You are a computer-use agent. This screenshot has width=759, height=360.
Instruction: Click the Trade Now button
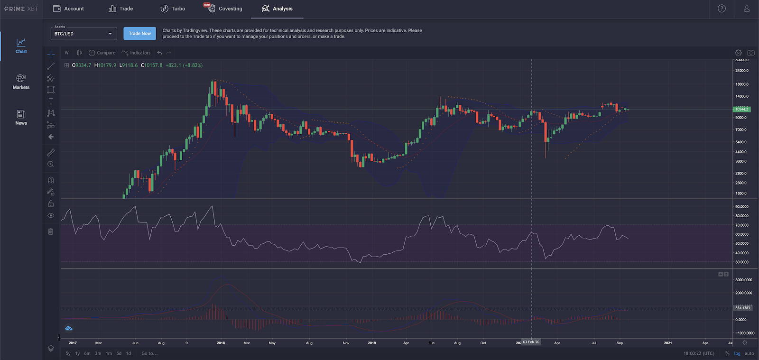pyautogui.click(x=139, y=33)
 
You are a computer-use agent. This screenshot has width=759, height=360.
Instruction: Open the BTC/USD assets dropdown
pyautogui.click(x=83, y=34)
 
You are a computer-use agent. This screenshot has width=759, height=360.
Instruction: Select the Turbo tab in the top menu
pyautogui.click(x=173, y=9)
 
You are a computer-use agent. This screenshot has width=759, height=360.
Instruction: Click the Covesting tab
pyautogui.click(x=225, y=9)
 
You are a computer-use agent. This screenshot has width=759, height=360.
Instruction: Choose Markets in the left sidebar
pyautogui.click(x=21, y=82)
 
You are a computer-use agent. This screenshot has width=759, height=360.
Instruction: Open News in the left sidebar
pyautogui.click(x=21, y=117)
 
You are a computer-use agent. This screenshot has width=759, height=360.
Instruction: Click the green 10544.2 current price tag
pyautogui.click(x=741, y=109)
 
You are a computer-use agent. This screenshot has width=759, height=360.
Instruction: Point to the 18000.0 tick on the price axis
pyautogui.click(x=741, y=84)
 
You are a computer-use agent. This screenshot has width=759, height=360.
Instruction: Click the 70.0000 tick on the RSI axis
pyautogui.click(x=741, y=225)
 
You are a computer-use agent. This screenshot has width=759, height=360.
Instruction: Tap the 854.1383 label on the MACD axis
pyautogui.click(x=742, y=308)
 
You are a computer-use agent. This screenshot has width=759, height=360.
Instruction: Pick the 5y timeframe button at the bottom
pyautogui.click(x=68, y=353)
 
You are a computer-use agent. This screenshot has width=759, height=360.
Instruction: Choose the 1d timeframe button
pyautogui.click(x=128, y=353)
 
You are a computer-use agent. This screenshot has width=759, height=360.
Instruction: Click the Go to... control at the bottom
pyautogui.click(x=149, y=353)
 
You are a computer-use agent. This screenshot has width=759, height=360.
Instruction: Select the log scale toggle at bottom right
pyautogui.click(x=737, y=353)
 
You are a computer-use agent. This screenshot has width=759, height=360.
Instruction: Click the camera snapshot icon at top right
pyautogui.click(x=751, y=53)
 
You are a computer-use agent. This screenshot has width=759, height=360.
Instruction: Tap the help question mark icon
pyautogui.click(x=722, y=9)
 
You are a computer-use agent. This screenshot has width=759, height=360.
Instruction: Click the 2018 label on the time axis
pyautogui.click(x=221, y=343)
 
